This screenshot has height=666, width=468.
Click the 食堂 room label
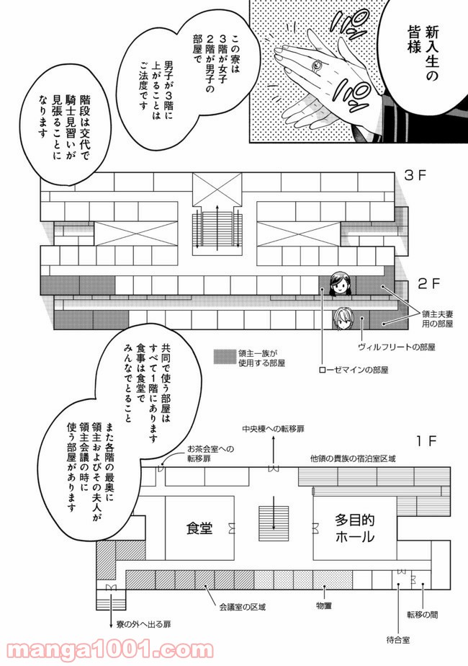199,528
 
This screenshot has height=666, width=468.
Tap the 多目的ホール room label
354,528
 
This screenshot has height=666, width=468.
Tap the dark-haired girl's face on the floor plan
340,283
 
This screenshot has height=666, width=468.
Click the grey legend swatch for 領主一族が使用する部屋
223,355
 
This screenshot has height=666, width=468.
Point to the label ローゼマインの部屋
354,370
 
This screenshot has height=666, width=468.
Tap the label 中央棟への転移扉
273,428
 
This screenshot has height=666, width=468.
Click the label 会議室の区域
243,607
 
